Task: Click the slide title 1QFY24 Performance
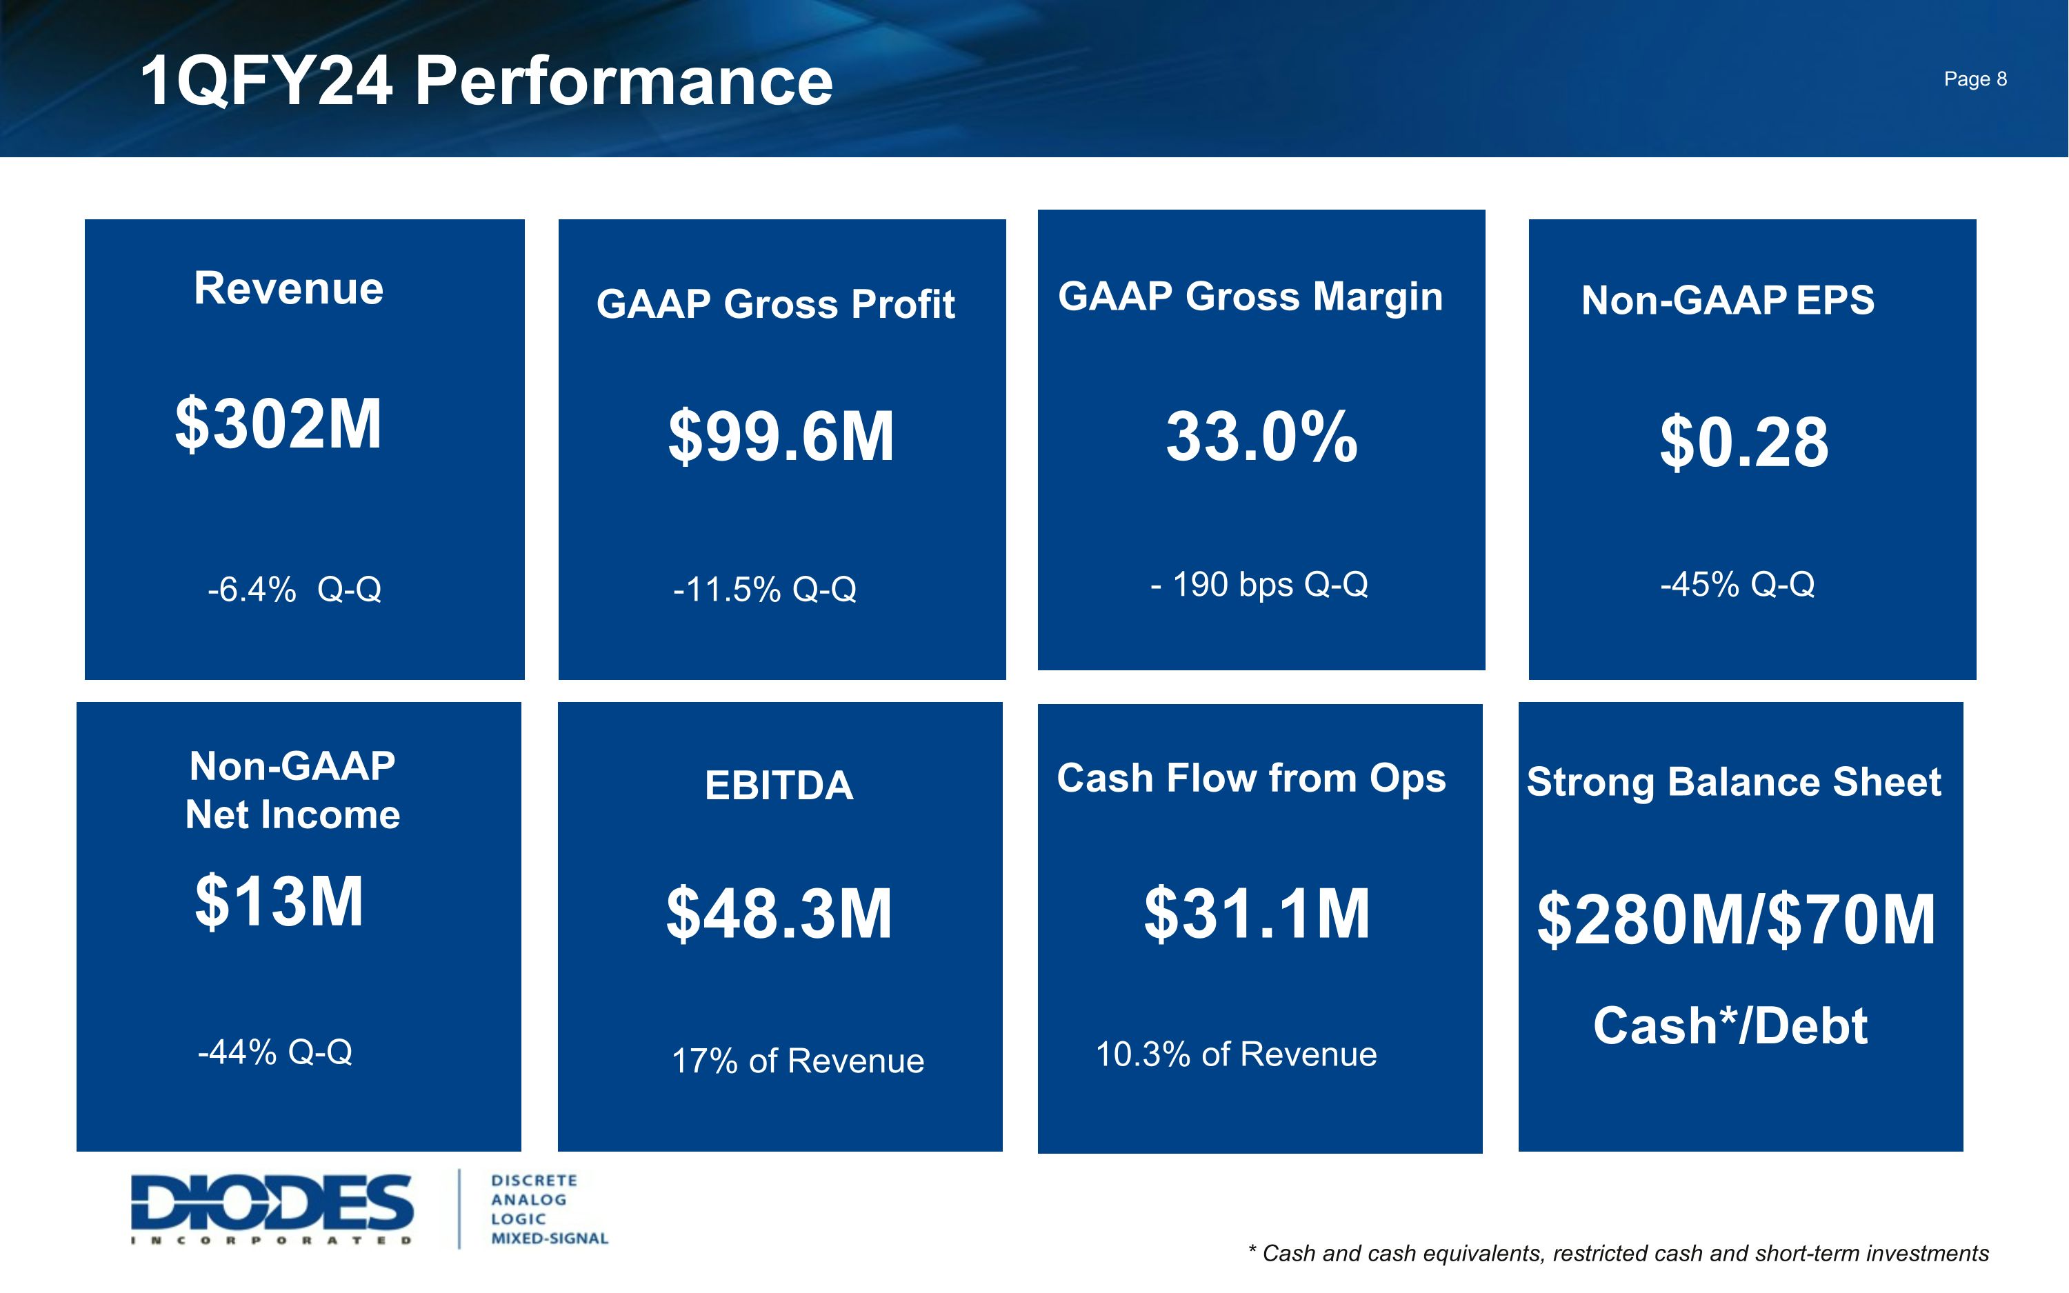(486, 81)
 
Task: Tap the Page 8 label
(1975, 79)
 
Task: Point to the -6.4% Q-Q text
(294, 589)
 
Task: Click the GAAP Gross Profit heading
(775, 303)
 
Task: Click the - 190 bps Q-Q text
(1259, 584)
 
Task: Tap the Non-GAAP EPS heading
(1727, 300)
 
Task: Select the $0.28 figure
(1744, 442)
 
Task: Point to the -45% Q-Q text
(1737, 584)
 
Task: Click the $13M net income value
(279, 901)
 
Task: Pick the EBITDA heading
(779, 785)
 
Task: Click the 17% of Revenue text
(798, 1061)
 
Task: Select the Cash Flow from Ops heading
(1251, 778)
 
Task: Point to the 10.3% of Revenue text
(1237, 1054)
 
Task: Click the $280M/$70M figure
(1736, 919)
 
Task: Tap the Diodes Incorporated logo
(272, 1207)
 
